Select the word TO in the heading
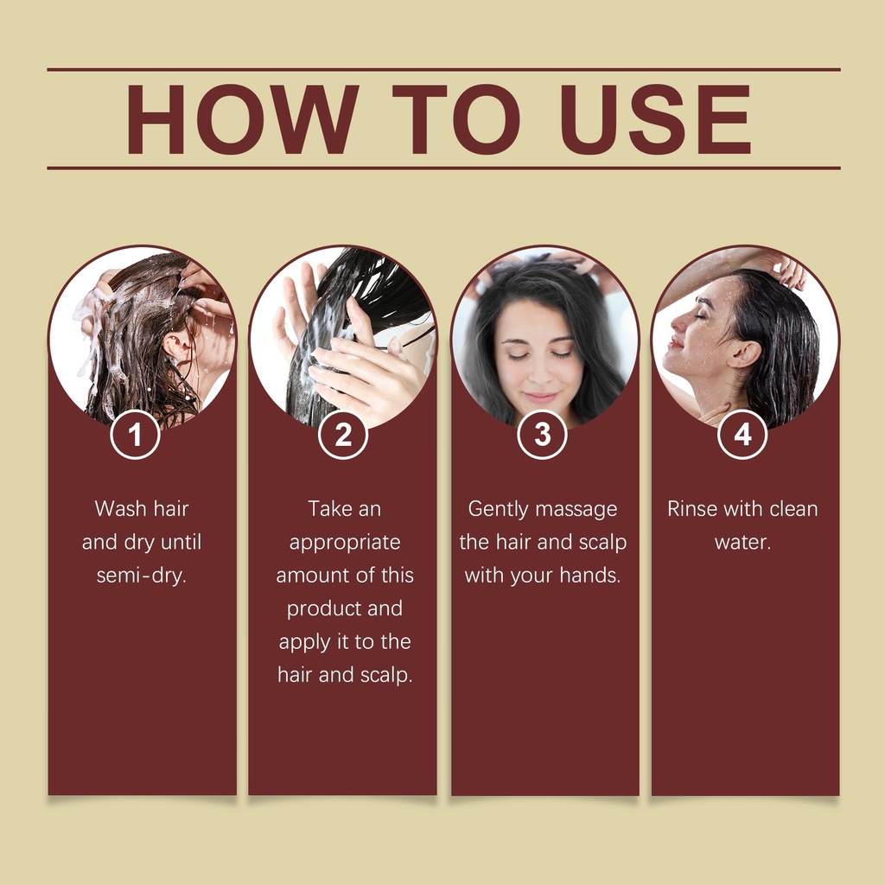pyautogui.click(x=456, y=119)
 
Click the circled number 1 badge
pyautogui.click(x=135, y=435)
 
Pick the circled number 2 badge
pyautogui.click(x=342, y=435)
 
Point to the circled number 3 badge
pyautogui.click(x=542, y=435)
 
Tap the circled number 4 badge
pyautogui.click(x=742, y=435)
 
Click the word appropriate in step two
pyautogui.click(x=345, y=543)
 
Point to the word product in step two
pyautogui.click(x=320, y=609)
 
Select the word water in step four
pyautogui.click(x=741, y=543)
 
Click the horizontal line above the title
pyautogui.click(x=443, y=70)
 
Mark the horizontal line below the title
pyautogui.click(x=443, y=168)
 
